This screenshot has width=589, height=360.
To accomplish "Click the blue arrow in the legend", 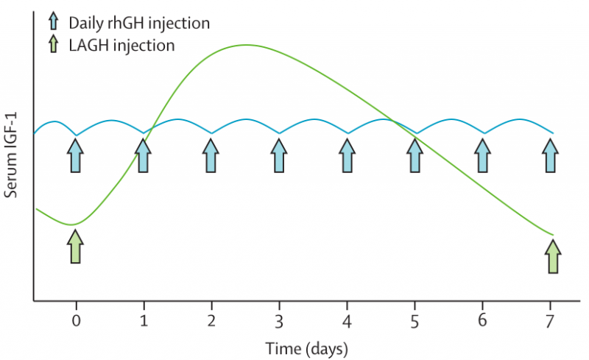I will point(54,21).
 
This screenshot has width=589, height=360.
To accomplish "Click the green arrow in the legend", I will point(54,45).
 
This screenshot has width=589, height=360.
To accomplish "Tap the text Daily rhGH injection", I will point(139,22).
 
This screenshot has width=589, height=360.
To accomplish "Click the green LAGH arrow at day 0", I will point(75,247).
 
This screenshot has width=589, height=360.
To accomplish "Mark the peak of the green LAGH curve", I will point(247,45).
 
